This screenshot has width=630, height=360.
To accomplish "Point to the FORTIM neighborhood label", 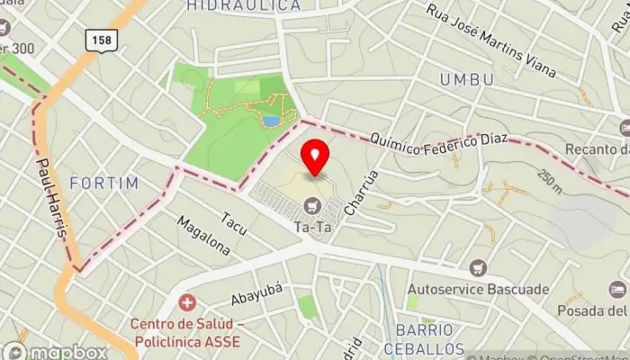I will tap(104, 183).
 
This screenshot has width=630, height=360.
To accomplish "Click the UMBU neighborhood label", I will tap(466, 80).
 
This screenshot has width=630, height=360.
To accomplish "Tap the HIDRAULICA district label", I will tap(244, 6).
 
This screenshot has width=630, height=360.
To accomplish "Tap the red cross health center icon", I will tap(188, 303).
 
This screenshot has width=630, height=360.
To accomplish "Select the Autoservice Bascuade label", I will tap(477, 290).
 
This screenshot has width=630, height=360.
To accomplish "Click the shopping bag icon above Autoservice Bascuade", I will tap(478, 268).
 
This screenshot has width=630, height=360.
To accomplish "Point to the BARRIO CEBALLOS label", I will tap(424, 339).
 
